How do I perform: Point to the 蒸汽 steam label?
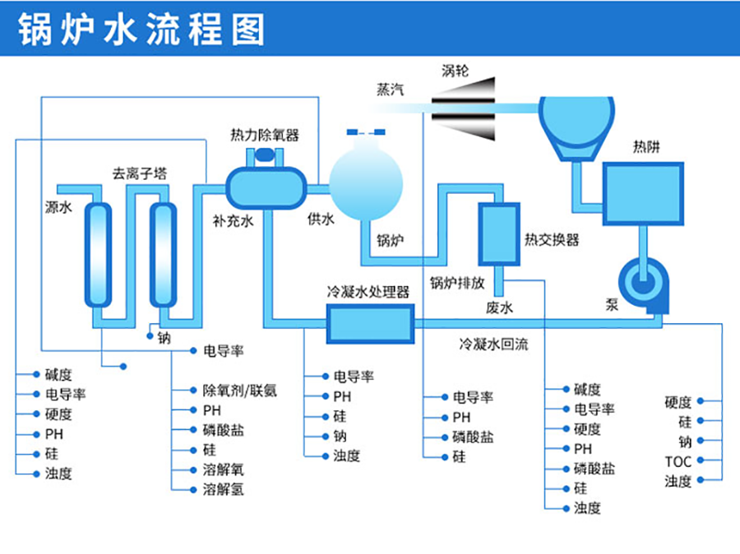tap(391, 90)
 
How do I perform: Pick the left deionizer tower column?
tap(97, 254)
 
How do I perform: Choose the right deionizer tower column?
tap(162, 254)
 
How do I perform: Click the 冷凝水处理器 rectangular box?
tap(369, 323)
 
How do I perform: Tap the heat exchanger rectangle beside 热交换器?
tap(498, 234)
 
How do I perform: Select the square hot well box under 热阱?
tap(644, 194)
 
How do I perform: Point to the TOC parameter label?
tap(678, 461)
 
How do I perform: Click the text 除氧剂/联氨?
tap(239, 390)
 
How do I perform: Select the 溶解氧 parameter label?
tap(223, 470)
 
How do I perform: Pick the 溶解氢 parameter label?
tap(223, 490)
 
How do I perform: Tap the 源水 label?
tap(58, 208)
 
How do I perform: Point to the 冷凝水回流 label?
tap(493, 344)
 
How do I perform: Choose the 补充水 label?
tap(233, 220)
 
